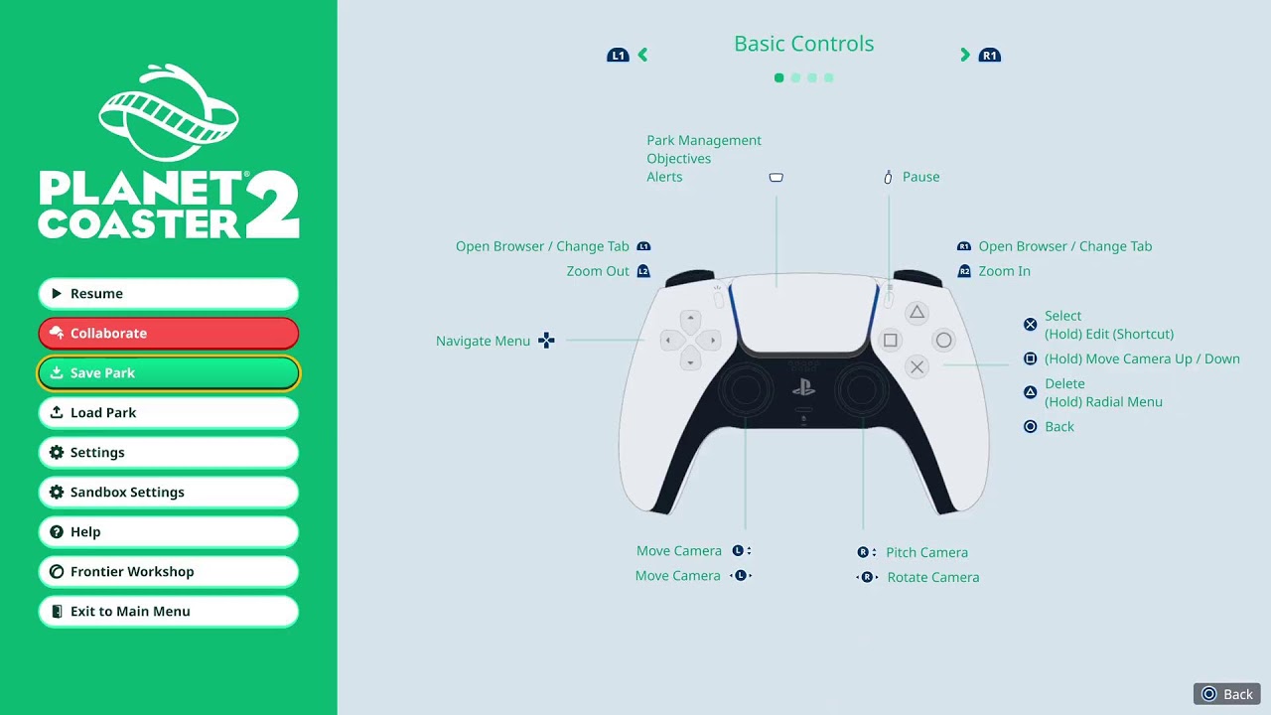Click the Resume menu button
tap(168, 293)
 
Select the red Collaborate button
tap(168, 333)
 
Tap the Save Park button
tap(168, 372)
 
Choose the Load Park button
tap(168, 412)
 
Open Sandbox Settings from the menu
tap(168, 492)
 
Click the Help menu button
tap(168, 531)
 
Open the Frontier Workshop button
tap(168, 571)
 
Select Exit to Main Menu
tap(168, 611)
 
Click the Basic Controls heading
tap(803, 44)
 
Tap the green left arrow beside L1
tap(642, 55)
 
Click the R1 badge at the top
tap(990, 55)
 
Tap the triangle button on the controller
tap(917, 313)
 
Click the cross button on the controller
tap(917, 367)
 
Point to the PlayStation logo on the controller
tap(803, 387)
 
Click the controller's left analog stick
tap(745, 390)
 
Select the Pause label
tap(920, 177)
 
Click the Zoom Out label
tap(598, 271)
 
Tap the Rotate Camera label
tap(933, 577)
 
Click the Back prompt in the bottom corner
tap(1226, 694)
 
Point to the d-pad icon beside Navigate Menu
tap(546, 341)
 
